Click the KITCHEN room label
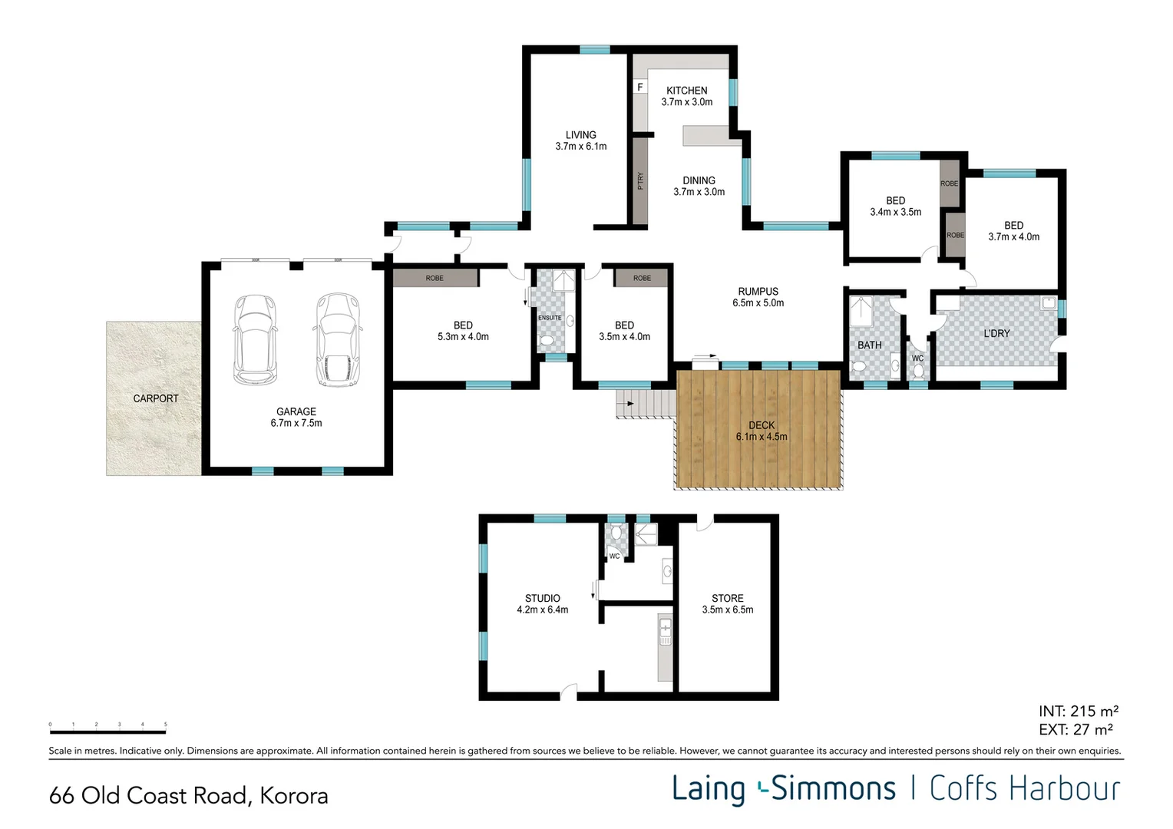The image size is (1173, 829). click(686, 91)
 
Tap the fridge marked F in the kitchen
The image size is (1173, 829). click(640, 87)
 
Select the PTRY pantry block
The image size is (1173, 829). click(639, 181)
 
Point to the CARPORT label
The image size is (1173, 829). click(155, 398)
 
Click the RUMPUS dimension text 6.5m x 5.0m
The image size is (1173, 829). click(758, 303)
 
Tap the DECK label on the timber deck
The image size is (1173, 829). click(762, 425)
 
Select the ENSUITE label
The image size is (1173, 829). click(550, 318)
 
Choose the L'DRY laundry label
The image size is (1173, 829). click(996, 333)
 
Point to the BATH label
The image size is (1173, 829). click(869, 345)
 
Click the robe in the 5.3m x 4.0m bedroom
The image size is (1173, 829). click(435, 278)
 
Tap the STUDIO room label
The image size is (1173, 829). click(542, 598)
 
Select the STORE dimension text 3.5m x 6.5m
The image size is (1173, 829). click(727, 610)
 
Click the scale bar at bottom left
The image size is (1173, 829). click(107, 732)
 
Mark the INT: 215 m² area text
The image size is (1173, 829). click(1078, 712)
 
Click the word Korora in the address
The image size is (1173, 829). click(294, 796)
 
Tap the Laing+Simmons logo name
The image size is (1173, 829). click(783, 789)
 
